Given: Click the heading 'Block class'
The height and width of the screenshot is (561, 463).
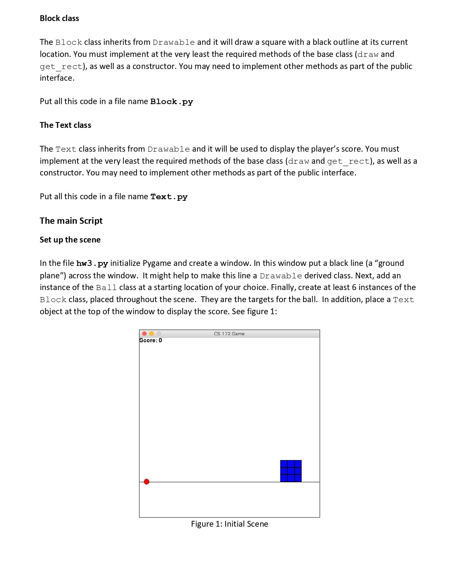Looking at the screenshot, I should coord(59,18).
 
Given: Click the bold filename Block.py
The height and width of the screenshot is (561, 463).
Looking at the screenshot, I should coord(171,102).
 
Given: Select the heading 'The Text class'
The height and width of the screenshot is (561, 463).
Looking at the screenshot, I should coord(65,125).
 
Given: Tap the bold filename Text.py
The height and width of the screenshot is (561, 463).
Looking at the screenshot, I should coord(169,197).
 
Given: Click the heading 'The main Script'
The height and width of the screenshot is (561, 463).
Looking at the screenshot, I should coord(71,221).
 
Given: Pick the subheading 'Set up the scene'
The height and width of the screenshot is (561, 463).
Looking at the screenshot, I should coord(70,240).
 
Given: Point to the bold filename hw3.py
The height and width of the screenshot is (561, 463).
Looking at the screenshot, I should coord(92,264).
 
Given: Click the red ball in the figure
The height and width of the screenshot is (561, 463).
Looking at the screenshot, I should coord(147,482).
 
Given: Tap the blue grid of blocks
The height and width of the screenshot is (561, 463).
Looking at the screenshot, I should coord(291,471).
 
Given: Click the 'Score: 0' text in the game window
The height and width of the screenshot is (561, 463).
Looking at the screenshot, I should coord(151,340).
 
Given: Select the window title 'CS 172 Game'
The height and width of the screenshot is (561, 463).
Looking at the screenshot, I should coord(229,334).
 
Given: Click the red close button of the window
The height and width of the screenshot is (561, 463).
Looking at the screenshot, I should coord(145,334).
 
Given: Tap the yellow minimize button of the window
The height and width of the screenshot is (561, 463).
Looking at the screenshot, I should coord(152,334).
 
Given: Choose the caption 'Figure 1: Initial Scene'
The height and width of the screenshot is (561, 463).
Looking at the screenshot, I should coord(229,524).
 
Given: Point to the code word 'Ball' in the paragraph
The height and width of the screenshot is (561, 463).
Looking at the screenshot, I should coord(106,288).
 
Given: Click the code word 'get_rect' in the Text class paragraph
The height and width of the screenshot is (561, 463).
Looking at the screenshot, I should coord(348,161).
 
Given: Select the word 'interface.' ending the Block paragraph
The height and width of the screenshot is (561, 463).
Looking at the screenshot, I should coord(57,78).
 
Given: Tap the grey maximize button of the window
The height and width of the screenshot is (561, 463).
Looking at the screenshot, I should coord(159,334).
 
